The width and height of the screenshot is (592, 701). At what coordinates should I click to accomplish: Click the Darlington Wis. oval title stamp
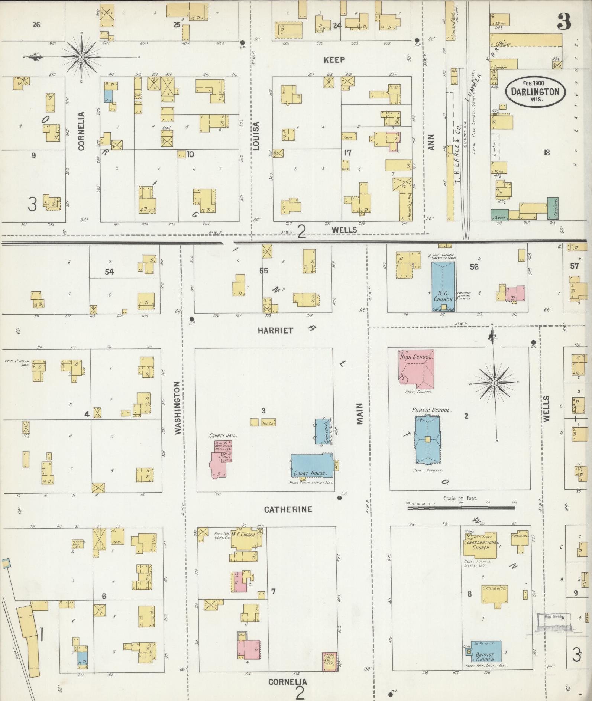pyautogui.click(x=535, y=91)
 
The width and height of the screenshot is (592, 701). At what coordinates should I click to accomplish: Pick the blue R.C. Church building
pyautogui.click(x=443, y=286)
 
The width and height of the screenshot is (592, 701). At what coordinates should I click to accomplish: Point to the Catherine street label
pyautogui.click(x=288, y=509)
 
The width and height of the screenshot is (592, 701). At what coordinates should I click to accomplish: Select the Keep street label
pyautogui.click(x=334, y=60)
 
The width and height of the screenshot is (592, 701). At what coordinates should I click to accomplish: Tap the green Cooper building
pyautogui.click(x=499, y=215)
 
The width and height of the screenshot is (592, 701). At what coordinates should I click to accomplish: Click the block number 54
pyautogui.click(x=109, y=272)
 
